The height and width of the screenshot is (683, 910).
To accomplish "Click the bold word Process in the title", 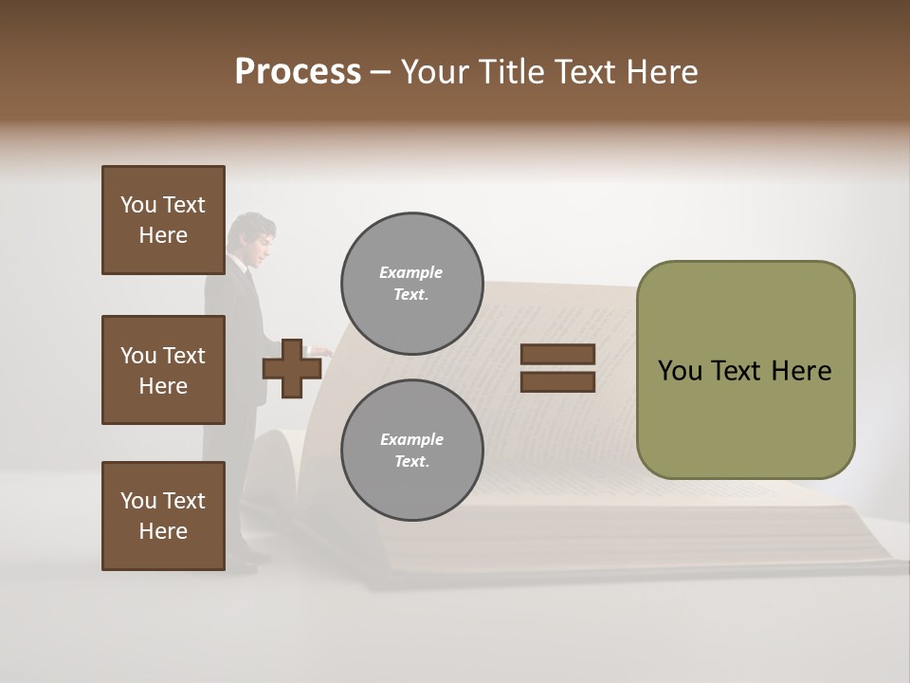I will (298, 72).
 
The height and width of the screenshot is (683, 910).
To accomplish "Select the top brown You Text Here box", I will (163, 220).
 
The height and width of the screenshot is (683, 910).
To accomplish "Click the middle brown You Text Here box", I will (163, 370).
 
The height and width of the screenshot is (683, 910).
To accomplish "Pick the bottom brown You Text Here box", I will (163, 516).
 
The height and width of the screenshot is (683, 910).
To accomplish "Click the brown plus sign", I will (292, 369).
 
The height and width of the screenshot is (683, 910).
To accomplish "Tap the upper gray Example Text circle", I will (411, 283).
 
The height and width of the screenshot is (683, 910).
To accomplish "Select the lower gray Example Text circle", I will (411, 450).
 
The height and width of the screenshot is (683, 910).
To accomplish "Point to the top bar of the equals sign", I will (557, 355).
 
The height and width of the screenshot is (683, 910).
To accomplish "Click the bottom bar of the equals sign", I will (557, 382).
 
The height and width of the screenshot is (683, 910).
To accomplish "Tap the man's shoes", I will (242, 565).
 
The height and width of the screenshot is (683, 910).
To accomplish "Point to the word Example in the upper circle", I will (410, 272).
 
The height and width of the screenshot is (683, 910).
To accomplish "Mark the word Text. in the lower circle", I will (411, 461).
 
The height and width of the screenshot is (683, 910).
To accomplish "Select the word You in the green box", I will (680, 371).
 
